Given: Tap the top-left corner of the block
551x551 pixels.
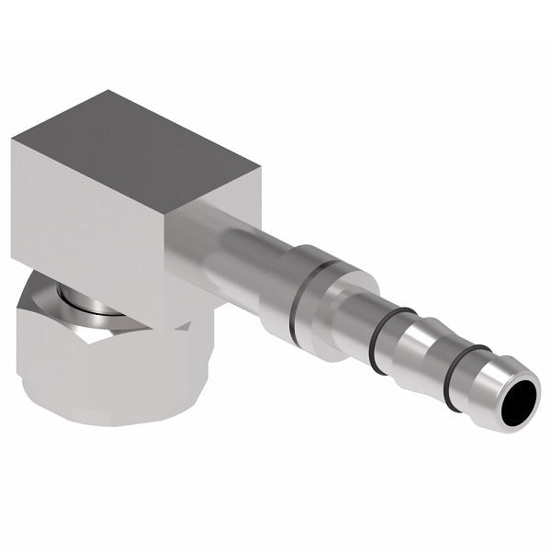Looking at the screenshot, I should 13,141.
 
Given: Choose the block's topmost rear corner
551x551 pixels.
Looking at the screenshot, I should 108,91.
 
